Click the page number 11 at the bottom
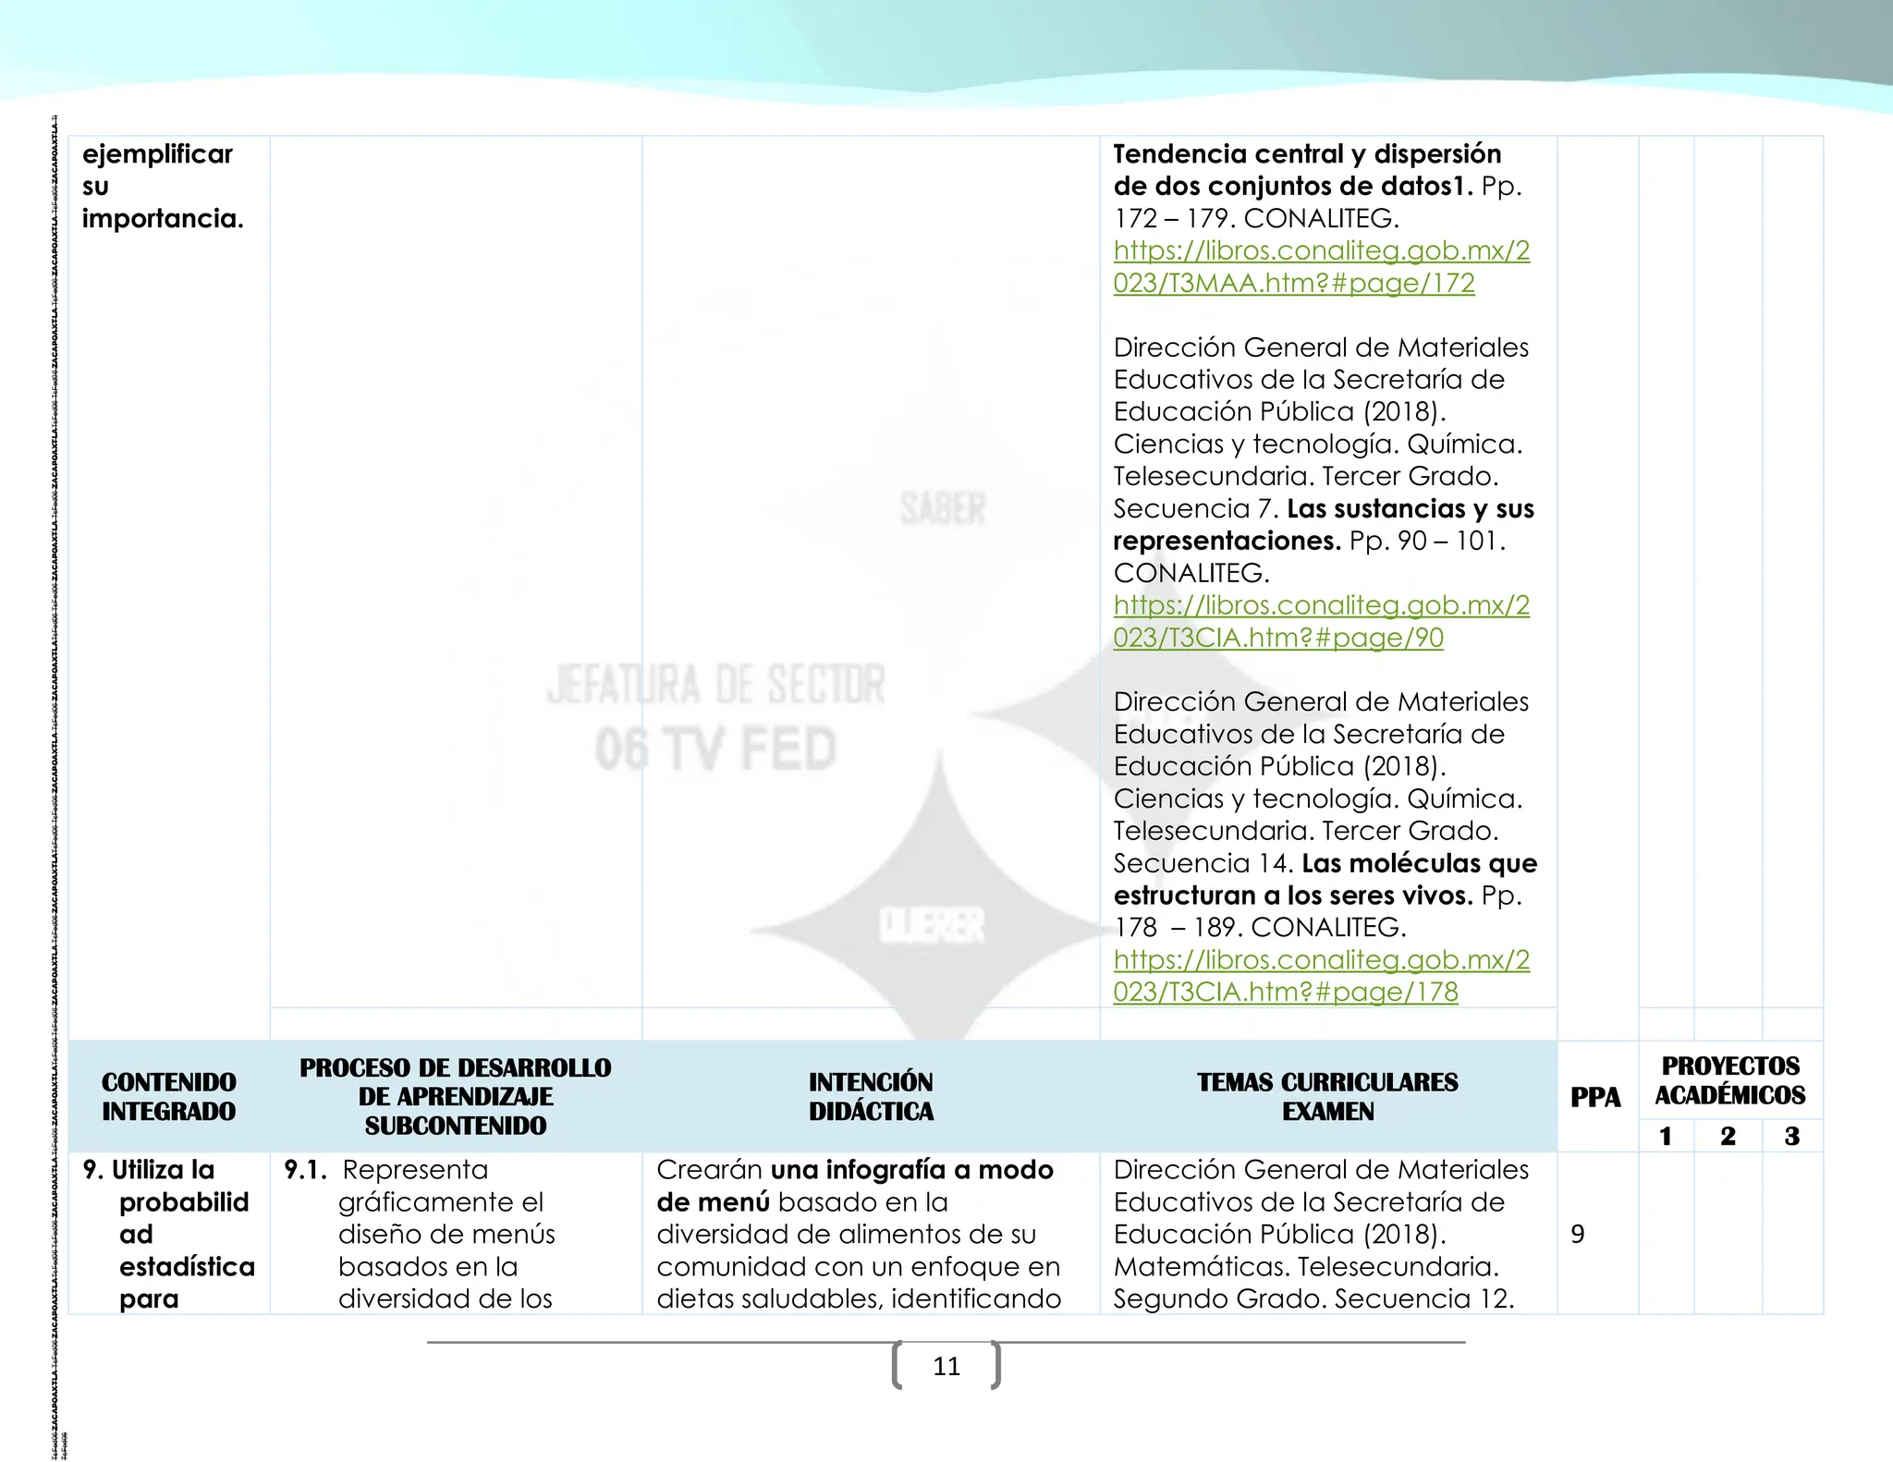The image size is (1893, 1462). click(946, 1366)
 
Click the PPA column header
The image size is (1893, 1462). click(1595, 1097)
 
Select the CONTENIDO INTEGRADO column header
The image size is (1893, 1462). click(169, 1096)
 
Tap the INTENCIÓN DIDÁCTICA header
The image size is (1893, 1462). click(871, 1096)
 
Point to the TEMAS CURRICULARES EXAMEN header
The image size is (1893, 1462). click(1327, 1096)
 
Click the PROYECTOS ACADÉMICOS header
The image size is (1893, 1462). click(1729, 1080)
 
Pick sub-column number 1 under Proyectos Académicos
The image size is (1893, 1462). click(1666, 1136)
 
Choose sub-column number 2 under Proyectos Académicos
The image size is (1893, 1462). click(1728, 1136)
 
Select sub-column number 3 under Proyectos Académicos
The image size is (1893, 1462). click(1791, 1136)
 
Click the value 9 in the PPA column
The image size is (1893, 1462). click(1578, 1234)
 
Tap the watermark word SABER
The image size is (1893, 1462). click(943, 509)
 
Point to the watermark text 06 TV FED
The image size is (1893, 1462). click(715, 749)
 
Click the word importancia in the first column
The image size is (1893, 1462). click(162, 219)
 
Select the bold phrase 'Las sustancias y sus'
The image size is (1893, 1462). click(1411, 509)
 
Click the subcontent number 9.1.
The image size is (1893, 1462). click(305, 1170)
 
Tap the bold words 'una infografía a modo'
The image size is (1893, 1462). click(911, 1170)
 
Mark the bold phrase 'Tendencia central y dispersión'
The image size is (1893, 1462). click(1307, 154)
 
